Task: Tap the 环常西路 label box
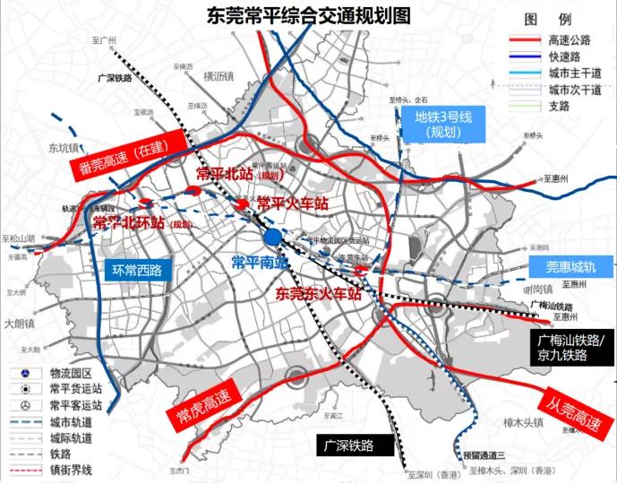coord(137,268)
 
